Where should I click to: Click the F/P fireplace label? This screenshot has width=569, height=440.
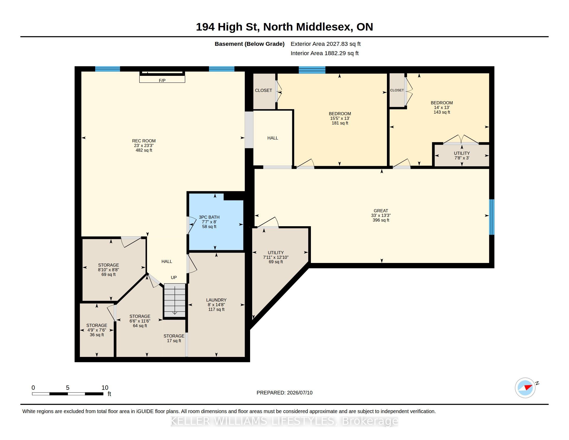pos(162,80)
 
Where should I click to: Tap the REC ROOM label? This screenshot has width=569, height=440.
pos(144,141)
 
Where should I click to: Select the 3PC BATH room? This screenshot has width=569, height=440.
pos(216,222)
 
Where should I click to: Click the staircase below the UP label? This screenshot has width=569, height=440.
pos(174,300)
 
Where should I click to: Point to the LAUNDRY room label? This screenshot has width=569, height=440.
pos(216,300)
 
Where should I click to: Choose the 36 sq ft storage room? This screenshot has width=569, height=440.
pos(97,330)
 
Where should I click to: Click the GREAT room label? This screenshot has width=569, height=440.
pos(381,211)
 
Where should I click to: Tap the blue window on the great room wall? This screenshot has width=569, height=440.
pos(492,217)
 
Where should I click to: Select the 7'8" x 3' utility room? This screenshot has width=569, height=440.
pos(462,155)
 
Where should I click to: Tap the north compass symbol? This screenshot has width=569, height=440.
pos(525,388)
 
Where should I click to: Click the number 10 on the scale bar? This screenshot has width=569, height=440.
pos(105,388)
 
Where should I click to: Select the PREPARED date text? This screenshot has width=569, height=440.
pos(284,393)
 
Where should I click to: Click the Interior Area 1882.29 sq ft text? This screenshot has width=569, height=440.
pos(325,53)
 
